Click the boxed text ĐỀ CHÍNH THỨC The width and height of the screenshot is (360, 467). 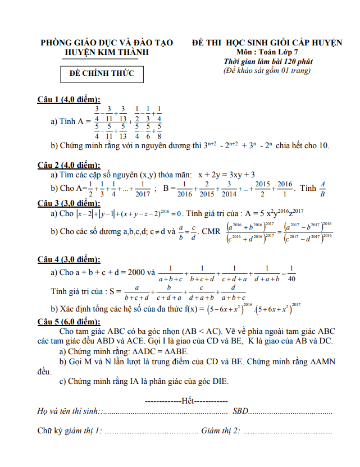98,74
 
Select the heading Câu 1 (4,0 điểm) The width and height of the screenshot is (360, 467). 69,100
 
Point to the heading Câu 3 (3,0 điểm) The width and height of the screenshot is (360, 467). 69,203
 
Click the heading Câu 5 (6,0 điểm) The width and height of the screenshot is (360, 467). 69,322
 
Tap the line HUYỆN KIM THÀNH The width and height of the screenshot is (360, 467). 107,52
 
